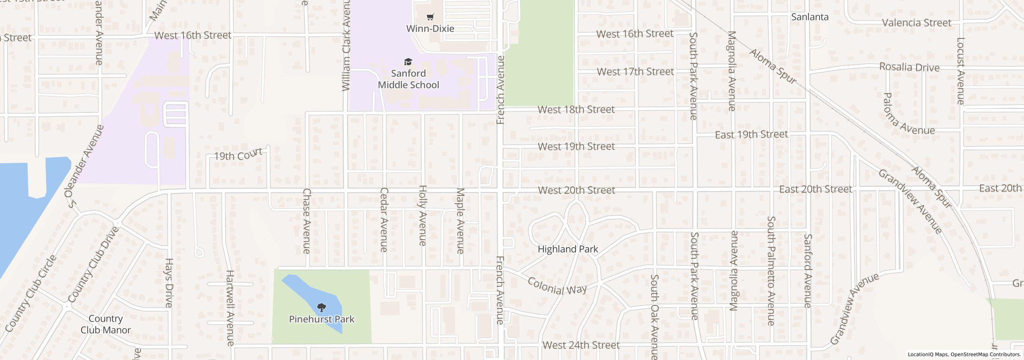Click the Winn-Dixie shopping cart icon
pyautogui.click(x=430, y=17)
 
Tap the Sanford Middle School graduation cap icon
pyautogui.click(x=408, y=62)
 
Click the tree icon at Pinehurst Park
pyautogui.click(x=321, y=307)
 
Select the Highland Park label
pyautogui.click(x=568, y=249)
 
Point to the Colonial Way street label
pyautogui.click(x=557, y=286)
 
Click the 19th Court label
pyautogui.click(x=238, y=154)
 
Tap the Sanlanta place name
pyautogui.click(x=810, y=17)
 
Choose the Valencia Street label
pyautogui.click(x=916, y=23)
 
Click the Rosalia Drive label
pyautogui.click(x=909, y=67)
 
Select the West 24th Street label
pyautogui.click(x=581, y=345)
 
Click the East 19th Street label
pyautogui.click(x=751, y=134)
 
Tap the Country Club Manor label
pyautogui.click(x=106, y=324)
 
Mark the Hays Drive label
pyautogui.click(x=168, y=283)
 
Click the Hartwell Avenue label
pyautogui.click(x=230, y=308)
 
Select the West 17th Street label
pyautogui.click(x=635, y=72)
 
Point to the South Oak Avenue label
pyautogui.click(x=654, y=316)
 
